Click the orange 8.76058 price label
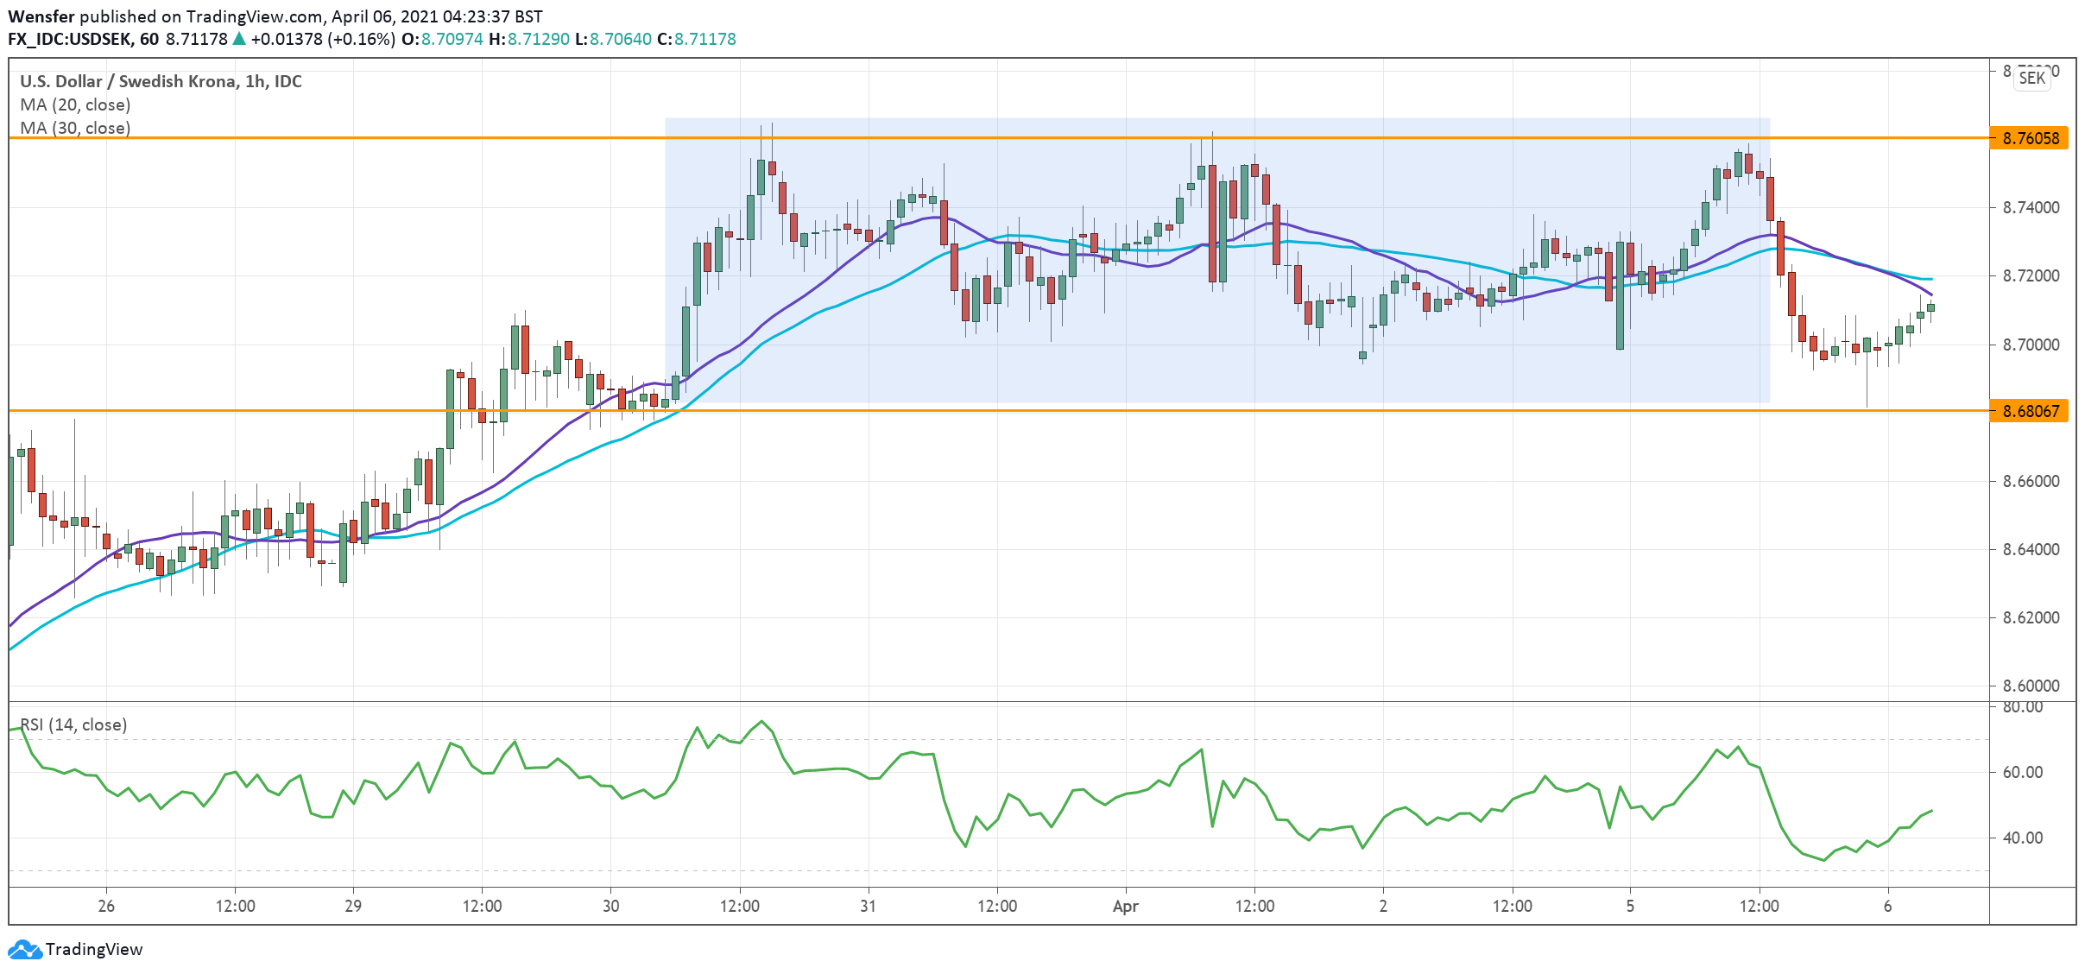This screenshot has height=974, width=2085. click(x=2030, y=138)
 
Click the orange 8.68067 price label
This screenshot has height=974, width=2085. click(x=2030, y=411)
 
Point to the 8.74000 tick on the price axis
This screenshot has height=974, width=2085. click(x=2031, y=207)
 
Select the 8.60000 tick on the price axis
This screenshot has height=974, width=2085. click(x=2031, y=686)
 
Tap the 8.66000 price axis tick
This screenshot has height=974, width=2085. click(x=2031, y=481)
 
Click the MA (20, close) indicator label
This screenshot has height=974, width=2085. click(x=75, y=104)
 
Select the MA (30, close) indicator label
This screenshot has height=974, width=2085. click(x=75, y=128)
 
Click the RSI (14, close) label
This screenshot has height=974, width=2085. click(x=73, y=724)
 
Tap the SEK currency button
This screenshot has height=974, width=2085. click(x=2031, y=78)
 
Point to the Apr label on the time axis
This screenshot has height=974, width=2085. click(x=1125, y=906)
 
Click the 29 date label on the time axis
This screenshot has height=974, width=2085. click(x=353, y=906)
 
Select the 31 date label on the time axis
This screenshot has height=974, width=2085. click(x=868, y=906)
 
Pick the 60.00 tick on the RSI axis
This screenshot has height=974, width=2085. click(x=2022, y=772)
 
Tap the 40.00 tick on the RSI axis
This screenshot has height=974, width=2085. click(x=2022, y=838)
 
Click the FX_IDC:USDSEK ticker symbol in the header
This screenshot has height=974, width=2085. click(x=70, y=39)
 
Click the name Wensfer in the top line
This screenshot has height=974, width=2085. click(x=41, y=16)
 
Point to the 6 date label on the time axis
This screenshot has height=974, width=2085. click(x=1888, y=906)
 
